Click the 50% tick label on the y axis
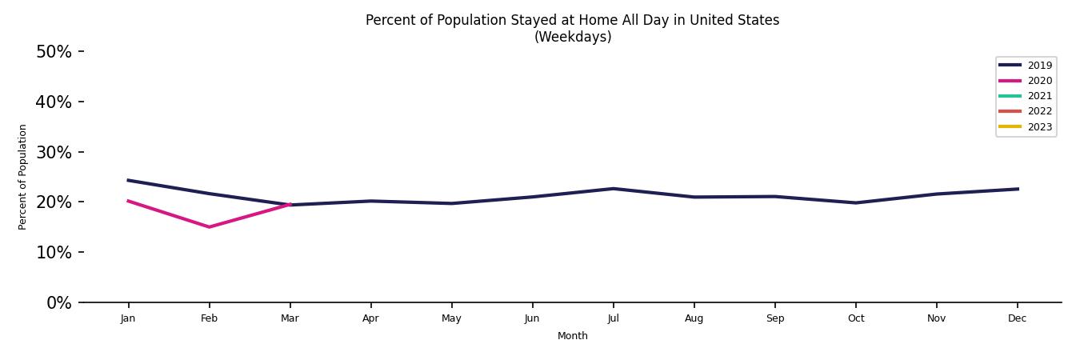click(54, 52)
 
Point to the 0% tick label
click(58, 303)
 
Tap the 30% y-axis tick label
click(54, 153)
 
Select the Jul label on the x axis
click(613, 318)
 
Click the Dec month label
click(1017, 318)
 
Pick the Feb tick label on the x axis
click(209, 318)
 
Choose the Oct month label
click(855, 318)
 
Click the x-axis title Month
click(572, 336)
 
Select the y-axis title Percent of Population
click(23, 177)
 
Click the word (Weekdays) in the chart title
click(572, 38)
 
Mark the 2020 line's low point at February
click(209, 227)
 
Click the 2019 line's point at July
click(613, 189)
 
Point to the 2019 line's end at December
click(1017, 189)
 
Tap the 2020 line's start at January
click(128, 201)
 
